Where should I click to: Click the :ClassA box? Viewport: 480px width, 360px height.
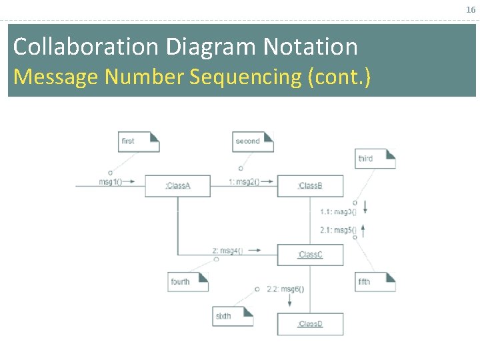click(177, 186)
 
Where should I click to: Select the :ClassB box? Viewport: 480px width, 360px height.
click(310, 186)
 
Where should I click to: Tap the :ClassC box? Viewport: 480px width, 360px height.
click(310, 255)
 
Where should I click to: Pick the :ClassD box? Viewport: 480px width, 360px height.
click(310, 324)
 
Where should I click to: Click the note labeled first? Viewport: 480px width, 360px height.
click(139, 141)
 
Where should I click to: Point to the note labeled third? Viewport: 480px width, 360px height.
click(375, 159)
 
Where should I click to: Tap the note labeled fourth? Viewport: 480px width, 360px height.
click(187, 282)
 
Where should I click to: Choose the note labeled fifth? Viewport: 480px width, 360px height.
click(375, 282)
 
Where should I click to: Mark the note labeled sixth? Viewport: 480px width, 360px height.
click(233, 316)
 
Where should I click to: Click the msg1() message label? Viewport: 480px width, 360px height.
click(110, 181)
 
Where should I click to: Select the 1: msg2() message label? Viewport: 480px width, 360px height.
click(243, 181)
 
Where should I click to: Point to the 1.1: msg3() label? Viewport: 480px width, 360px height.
click(338, 212)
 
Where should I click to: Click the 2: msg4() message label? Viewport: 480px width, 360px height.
click(227, 251)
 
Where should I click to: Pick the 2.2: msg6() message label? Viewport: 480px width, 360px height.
click(285, 289)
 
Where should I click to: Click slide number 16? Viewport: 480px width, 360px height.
click(470, 9)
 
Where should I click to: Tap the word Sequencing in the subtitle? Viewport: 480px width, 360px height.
click(245, 77)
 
